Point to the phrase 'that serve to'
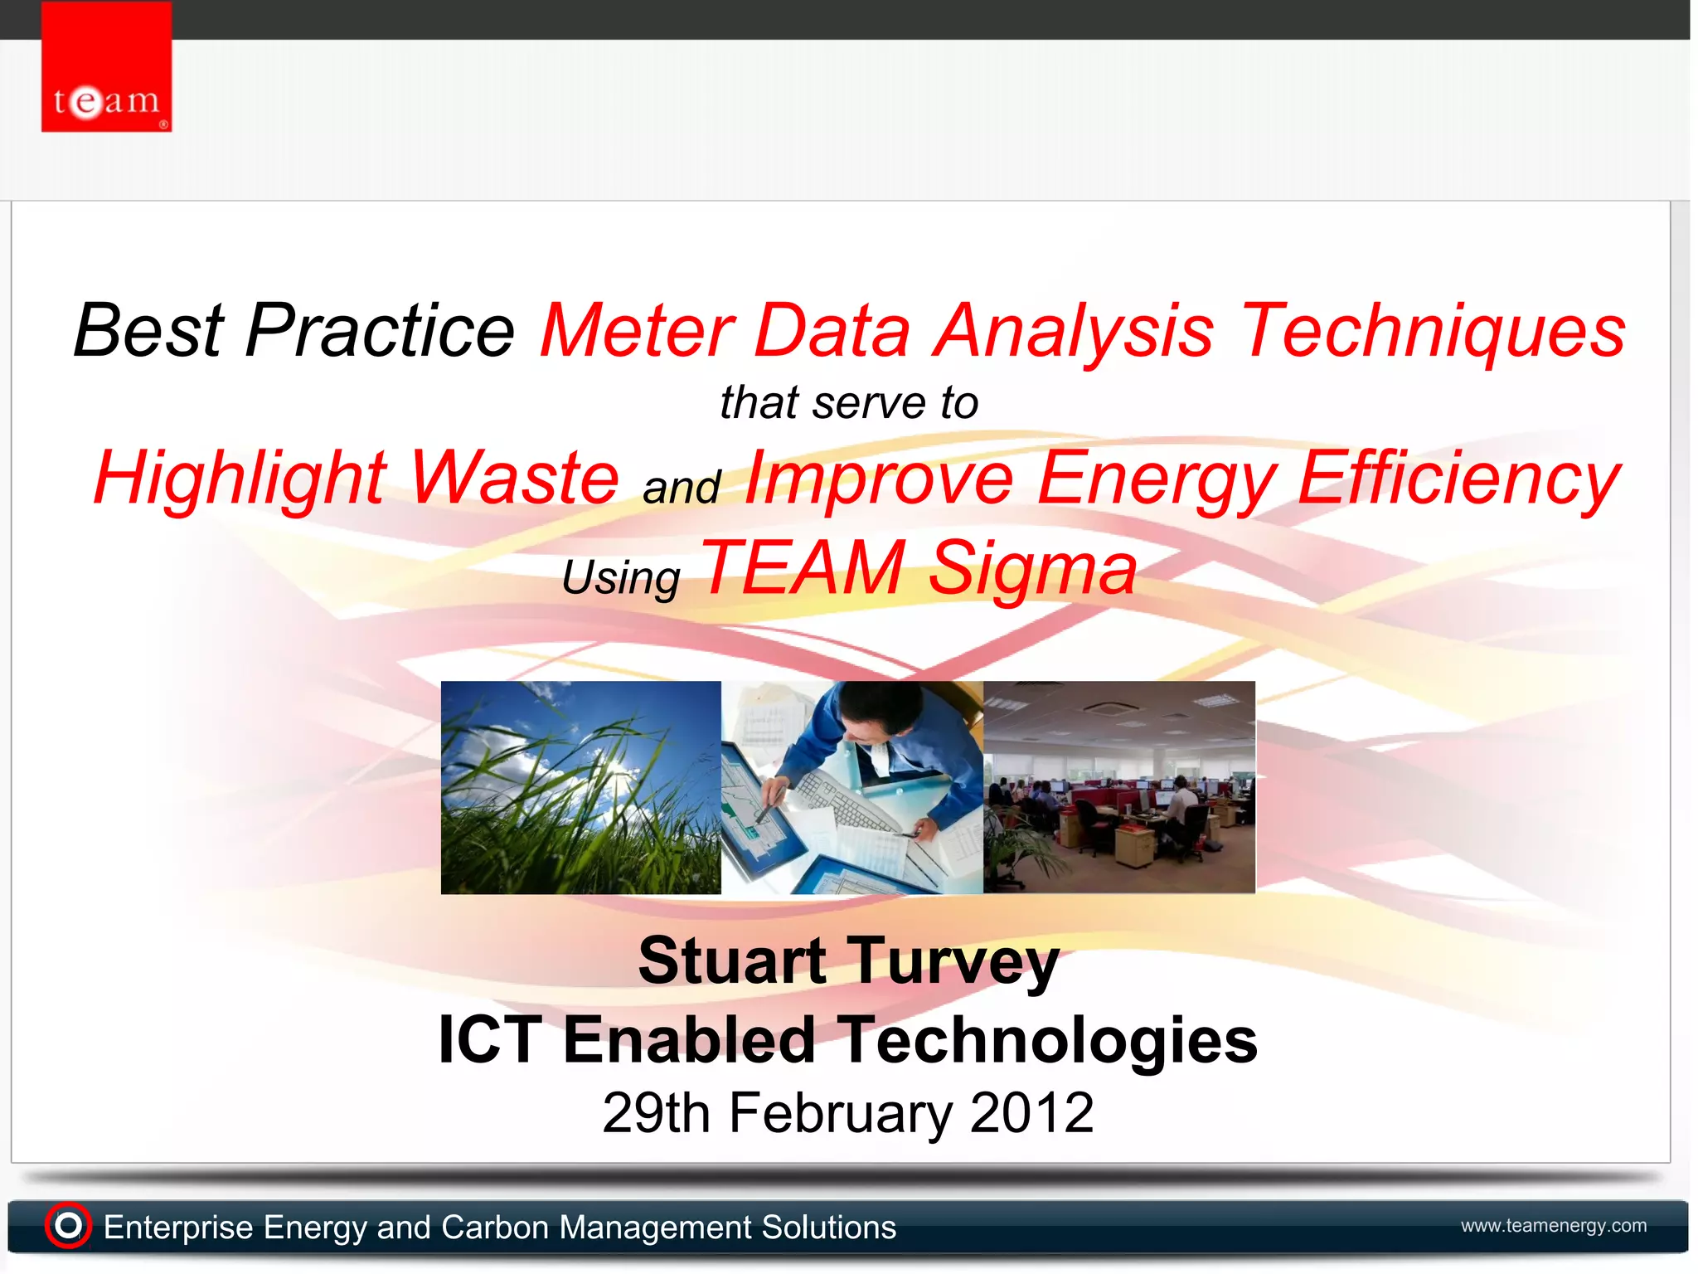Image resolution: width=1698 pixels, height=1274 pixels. tap(848, 403)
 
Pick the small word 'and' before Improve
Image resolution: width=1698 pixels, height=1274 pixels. tap(681, 487)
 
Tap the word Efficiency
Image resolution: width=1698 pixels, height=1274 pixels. tap(1458, 479)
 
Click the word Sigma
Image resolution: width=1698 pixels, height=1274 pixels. tap(1032, 568)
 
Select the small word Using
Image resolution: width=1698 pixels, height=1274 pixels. tap(621, 577)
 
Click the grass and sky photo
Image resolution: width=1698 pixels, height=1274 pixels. tap(580, 787)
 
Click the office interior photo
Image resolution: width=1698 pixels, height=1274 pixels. tap(1118, 787)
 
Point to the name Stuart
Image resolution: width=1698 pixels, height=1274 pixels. tap(731, 960)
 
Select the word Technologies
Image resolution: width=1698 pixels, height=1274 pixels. tap(1050, 1040)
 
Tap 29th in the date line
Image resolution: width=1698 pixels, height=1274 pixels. tap(655, 1113)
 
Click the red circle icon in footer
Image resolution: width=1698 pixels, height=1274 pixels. tap(68, 1225)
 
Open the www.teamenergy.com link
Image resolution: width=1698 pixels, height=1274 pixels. tap(1553, 1225)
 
